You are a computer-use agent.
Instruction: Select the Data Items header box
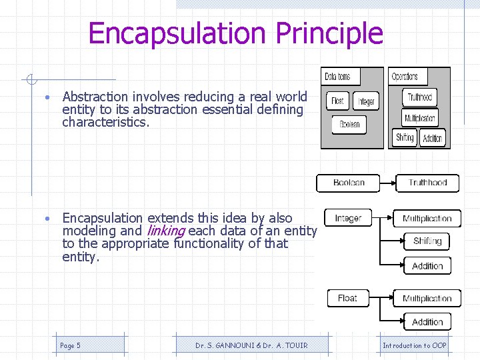point(337,77)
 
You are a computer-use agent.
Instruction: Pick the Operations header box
point(405,77)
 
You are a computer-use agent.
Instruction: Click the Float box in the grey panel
point(338,101)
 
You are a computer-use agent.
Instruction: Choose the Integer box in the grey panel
point(366,101)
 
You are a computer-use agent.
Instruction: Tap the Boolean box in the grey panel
point(349,124)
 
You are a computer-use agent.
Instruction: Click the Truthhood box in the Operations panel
point(420,97)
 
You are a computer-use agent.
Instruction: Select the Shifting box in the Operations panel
point(405,138)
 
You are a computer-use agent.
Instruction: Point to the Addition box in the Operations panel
point(433,139)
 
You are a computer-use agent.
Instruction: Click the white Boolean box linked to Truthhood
point(348,183)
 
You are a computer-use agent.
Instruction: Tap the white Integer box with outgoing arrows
point(348,218)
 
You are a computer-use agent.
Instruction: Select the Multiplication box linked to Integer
point(427,219)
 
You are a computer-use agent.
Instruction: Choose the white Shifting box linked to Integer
point(427,241)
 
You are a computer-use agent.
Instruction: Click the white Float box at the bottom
point(347,298)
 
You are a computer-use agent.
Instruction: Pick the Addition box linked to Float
point(427,322)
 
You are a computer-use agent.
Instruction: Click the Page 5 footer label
point(70,345)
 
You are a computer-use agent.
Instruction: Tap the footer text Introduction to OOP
point(415,345)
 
